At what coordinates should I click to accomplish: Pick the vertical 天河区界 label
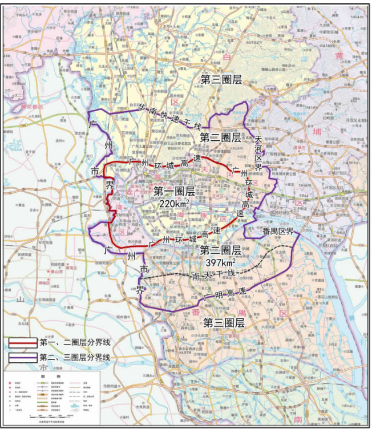258,154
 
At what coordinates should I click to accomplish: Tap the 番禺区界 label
277,232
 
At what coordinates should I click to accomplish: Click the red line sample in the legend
23,343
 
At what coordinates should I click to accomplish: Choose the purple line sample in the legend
23,358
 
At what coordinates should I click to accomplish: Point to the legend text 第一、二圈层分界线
74,343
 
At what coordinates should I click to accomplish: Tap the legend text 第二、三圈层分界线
74,358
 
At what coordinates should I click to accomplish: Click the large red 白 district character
227,58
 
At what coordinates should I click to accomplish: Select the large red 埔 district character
318,132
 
